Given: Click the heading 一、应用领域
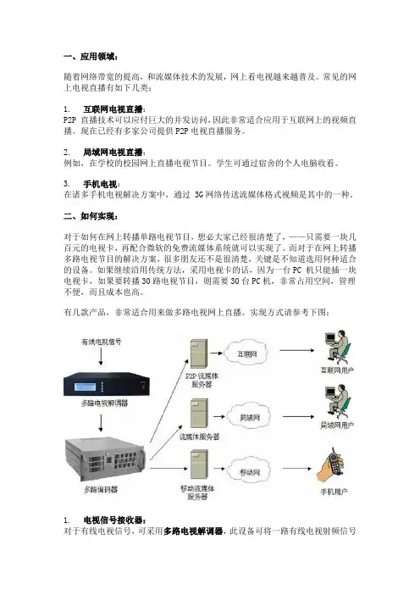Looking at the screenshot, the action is coord(91,57).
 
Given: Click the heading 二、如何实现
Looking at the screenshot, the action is coord(91,216).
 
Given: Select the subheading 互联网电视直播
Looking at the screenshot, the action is coord(113,109).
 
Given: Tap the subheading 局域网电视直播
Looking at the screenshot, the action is coord(113,153).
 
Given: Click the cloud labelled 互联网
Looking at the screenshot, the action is coord(247,353).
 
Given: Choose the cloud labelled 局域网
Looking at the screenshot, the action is coord(250,417).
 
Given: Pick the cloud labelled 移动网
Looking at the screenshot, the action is coord(250,472).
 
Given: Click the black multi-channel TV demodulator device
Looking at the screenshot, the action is coord(107,385).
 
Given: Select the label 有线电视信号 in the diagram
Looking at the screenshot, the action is coord(102,342).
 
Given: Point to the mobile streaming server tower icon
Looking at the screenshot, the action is coord(199,464).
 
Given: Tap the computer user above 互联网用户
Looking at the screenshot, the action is coord(337,348).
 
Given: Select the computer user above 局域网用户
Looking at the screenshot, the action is coord(337,403).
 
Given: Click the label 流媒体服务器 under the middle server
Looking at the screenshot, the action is coord(199,437).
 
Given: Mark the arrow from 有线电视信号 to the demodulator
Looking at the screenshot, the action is coord(101,357).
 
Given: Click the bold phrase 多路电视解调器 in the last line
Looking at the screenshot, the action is coord(193,531).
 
